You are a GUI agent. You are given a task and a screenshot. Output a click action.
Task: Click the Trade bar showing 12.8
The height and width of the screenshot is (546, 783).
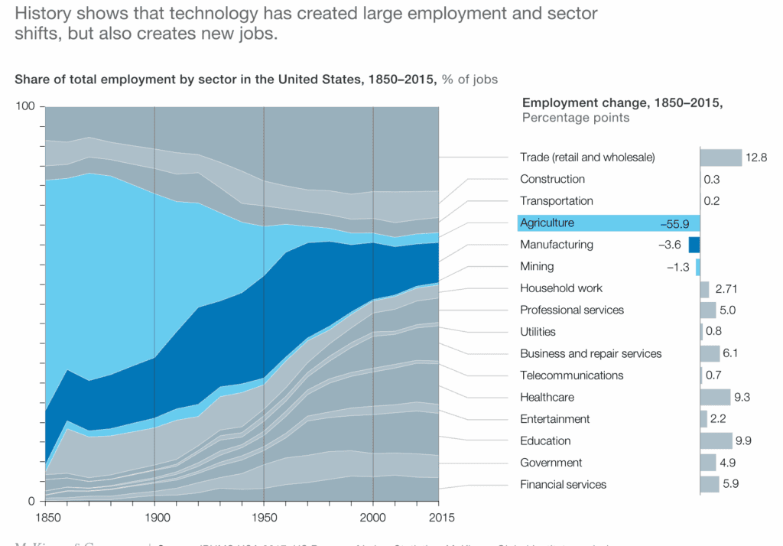pyautogui.click(x=721, y=158)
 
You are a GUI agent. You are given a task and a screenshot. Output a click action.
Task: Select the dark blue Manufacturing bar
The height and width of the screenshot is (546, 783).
pyautogui.click(x=694, y=245)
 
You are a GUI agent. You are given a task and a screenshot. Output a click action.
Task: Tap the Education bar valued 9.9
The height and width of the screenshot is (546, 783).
pyautogui.click(x=716, y=440)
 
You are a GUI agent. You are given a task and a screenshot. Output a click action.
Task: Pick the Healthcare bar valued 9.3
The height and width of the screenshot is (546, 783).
pyautogui.click(x=715, y=397)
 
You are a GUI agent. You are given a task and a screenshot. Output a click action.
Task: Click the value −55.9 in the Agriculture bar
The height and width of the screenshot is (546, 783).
pyautogui.click(x=675, y=223)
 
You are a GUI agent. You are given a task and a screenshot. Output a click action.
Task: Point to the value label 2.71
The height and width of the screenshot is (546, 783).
pyautogui.click(x=726, y=289)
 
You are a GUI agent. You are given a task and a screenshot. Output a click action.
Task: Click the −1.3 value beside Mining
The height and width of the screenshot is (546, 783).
pyautogui.click(x=677, y=267)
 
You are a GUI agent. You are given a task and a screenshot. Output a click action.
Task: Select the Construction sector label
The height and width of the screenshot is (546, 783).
pyautogui.click(x=552, y=179)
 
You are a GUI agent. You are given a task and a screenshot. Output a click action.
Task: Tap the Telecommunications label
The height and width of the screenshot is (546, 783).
pyautogui.click(x=571, y=375)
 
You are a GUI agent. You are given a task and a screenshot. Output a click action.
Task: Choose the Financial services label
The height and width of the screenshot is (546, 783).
pyautogui.click(x=563, y=484)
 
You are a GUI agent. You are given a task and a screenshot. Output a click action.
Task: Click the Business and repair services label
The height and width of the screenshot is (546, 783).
pyautogui.click(x=590, y=353)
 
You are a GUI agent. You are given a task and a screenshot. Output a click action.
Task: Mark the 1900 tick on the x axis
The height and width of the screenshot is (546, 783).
pyautogui.click(x=154, y=517)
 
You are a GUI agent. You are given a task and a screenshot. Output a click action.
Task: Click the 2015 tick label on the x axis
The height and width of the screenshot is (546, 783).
pyautogui.click(x=438, y=517)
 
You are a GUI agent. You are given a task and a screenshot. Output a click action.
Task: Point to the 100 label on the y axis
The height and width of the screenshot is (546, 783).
pyautogui.click(x=26, y=106)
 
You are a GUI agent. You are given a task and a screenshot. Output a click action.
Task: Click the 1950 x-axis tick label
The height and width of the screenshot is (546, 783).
pyautogui.click(x=264, y=517)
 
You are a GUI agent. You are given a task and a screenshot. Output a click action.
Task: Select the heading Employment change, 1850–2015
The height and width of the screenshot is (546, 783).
pyautogui.click(x=622, y=102)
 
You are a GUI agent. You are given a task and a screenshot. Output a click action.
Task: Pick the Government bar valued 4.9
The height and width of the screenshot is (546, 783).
pyautogui.click(x=708, y=463)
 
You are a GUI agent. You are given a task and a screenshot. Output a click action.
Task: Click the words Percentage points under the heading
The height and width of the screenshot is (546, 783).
pyautogui.click(x=575, y=118)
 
